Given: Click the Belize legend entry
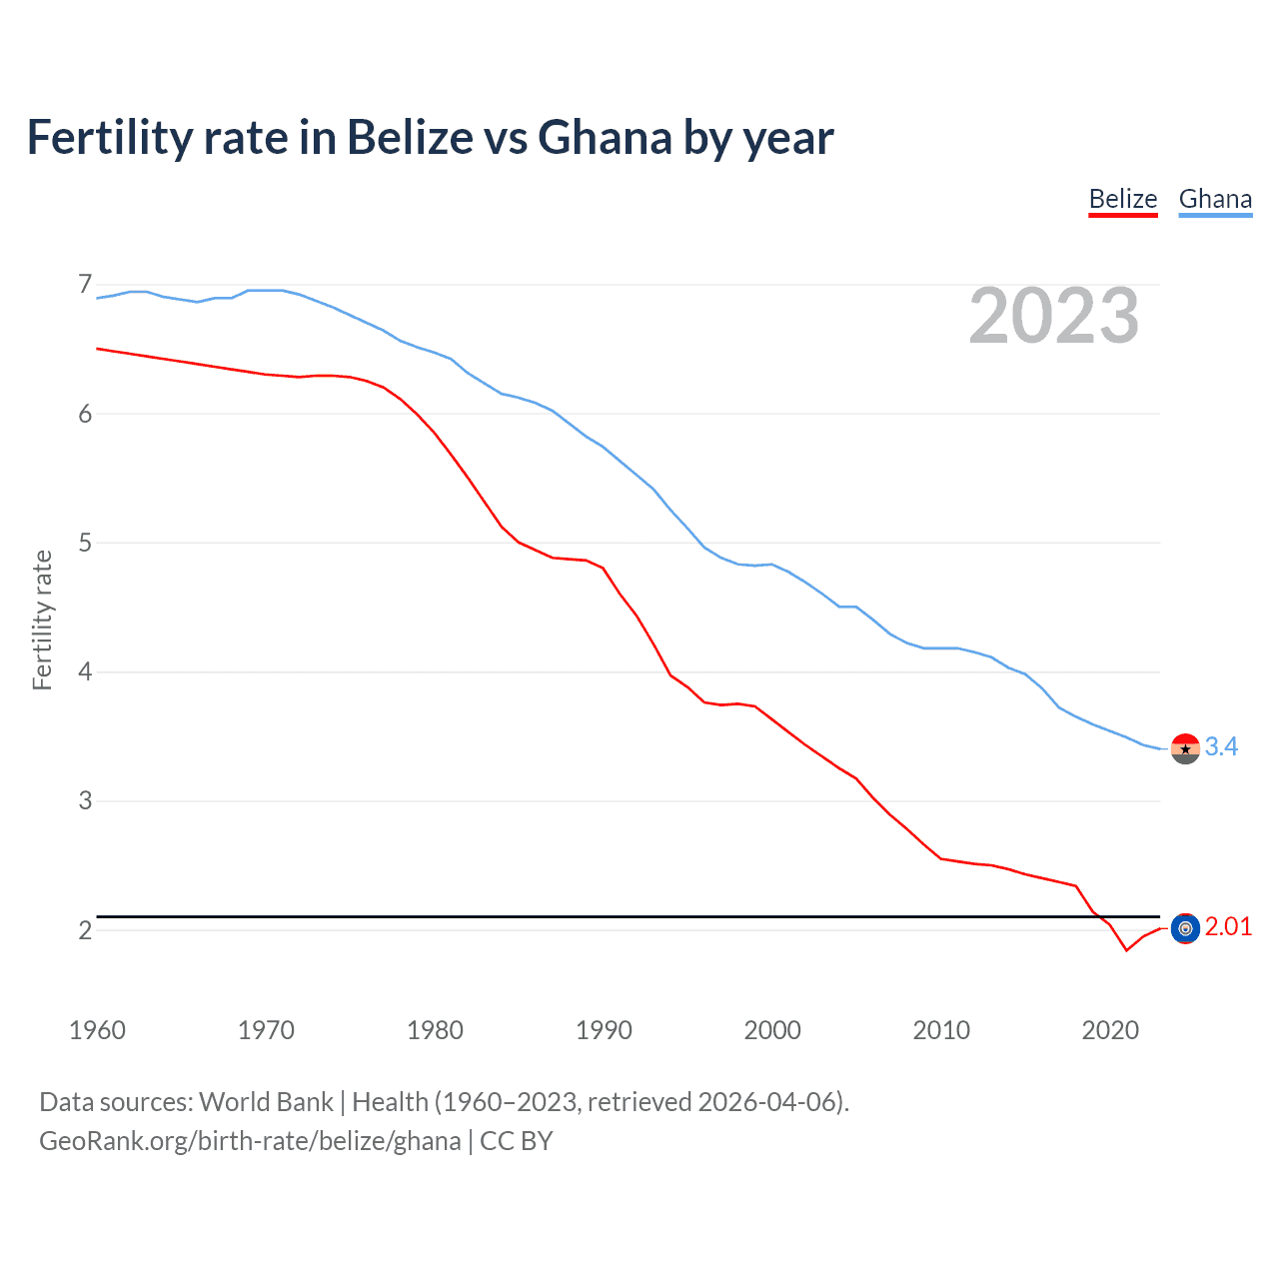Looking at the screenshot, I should [x=1122, y=199].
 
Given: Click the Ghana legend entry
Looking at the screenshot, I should [x=1215, y=199].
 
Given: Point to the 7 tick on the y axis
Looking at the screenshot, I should [x=85, y=285].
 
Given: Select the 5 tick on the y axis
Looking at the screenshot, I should [x=85, y=543].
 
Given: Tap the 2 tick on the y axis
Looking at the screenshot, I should [x=85, y=930].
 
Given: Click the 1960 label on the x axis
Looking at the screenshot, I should [x=97, y=1030].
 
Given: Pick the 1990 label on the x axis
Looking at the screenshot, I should [x=604, y=1030].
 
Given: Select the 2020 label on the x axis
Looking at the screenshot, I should [x=1110, y=1030].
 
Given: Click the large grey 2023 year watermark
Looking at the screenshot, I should [x=1053, y=316].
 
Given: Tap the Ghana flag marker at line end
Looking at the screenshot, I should [x=1185, y=748].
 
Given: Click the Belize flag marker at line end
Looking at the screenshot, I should [x=1185, y=928].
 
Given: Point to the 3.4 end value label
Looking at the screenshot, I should [x=1221, y=747].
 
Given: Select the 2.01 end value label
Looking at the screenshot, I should [x=1228, y=927].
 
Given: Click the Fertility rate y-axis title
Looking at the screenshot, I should [x=42, y=620].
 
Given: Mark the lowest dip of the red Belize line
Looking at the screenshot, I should [x=1126, y=949].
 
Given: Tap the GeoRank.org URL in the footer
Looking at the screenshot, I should [x=250, y=1141].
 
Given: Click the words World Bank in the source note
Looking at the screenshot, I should [x=266, y=1102].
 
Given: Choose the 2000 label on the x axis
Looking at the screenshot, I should [x=772, y=1030].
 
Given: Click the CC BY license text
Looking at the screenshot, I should [x=517, y=1141].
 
